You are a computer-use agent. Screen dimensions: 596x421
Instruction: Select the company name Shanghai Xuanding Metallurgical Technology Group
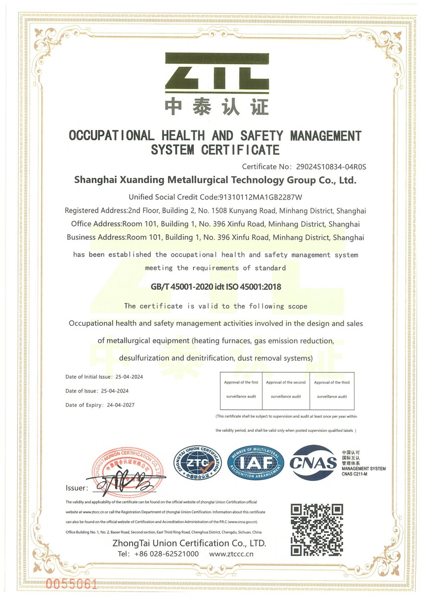point(215,180)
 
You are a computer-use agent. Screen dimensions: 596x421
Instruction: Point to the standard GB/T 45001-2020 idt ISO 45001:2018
point(216,287)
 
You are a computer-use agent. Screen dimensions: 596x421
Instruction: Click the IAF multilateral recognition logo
point(256,463)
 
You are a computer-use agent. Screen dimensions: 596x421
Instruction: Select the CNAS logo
point(313,462)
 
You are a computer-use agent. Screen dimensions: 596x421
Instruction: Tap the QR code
point(317,529)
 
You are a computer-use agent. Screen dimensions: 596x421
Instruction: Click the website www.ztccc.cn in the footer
point(231,554)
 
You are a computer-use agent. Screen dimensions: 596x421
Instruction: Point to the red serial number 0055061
point(71,584)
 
